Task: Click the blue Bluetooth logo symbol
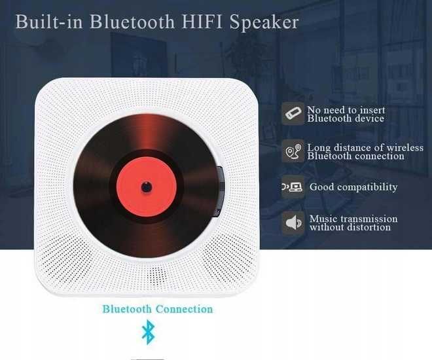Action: click(149, 332)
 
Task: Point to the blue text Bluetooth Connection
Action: click(157, 309)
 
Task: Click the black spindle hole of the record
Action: click(146, 187)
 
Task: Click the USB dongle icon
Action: click(293, 114)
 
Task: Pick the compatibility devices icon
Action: click(292, 187)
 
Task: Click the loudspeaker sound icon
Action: click(293, 223)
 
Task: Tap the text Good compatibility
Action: click(353, 187)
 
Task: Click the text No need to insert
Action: click(346, 110)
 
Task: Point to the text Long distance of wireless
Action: click(365, 147)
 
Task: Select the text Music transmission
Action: click(353, 219)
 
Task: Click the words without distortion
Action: click(350, 228)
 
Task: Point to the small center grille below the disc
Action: click(154, 273)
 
